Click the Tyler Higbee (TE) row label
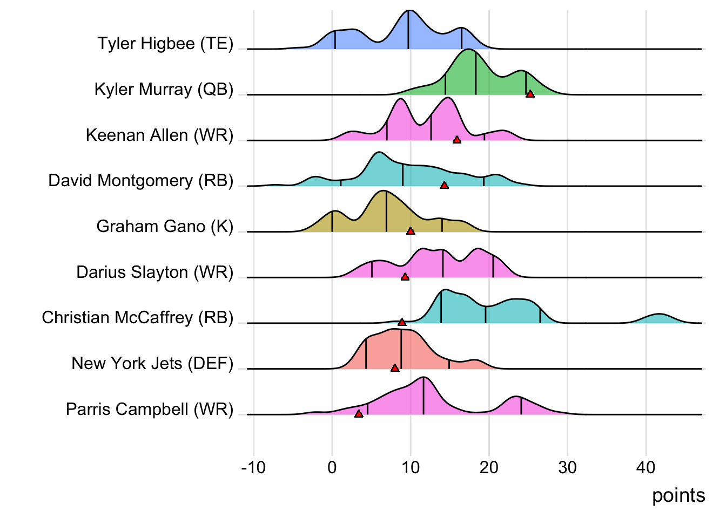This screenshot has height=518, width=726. [x=165, y=43]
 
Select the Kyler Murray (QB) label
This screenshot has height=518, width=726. [x=164, y=89]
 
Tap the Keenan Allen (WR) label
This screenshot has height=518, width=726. [x=159, y=135]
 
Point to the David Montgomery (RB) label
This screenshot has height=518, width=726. [x=140, y=180]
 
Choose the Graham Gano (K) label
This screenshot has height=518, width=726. [x=165, y=226]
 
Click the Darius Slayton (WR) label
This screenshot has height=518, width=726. [x=154, y=272]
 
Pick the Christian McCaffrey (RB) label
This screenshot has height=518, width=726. [x=137, y=317]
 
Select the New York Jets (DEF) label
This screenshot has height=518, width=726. [x=152, y=363]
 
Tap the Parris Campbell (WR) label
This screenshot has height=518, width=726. [x=149, y=409]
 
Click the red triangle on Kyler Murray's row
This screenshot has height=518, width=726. [x=530, y=94]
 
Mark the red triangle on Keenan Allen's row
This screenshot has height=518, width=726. [x=457, y=140]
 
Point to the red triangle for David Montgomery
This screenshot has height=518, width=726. [x=444, y=185]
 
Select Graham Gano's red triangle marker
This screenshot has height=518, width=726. [x=411, y=231]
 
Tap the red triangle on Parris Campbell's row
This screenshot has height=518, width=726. [x=359, y=414]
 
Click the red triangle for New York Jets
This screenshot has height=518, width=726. [x=395, y=368]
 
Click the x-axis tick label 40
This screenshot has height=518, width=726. [x=646, y=467]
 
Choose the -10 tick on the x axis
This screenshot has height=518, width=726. [x=253, y=467]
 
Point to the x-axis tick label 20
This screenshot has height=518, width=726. [x=489, y=467]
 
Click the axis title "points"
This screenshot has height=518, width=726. [x=678, y=495]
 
